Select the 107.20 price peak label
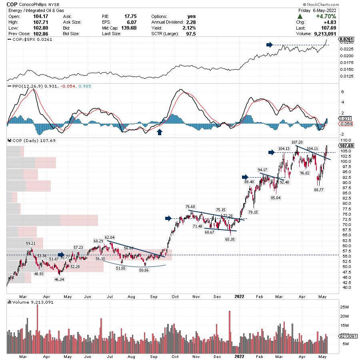297,142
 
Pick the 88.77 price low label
319,190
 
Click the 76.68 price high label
190,206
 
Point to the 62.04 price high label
110,238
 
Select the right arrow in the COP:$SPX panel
270,45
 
